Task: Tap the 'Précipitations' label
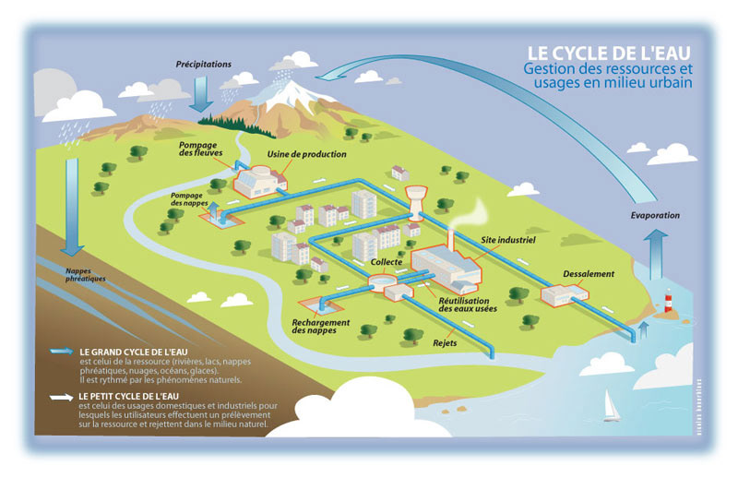(x=204, y=65)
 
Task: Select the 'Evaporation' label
(x=655, y=215)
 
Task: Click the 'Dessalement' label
(x=589, y=274)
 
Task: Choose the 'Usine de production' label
(x=306, y=154)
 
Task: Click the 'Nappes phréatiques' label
(x=87, y=274)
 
